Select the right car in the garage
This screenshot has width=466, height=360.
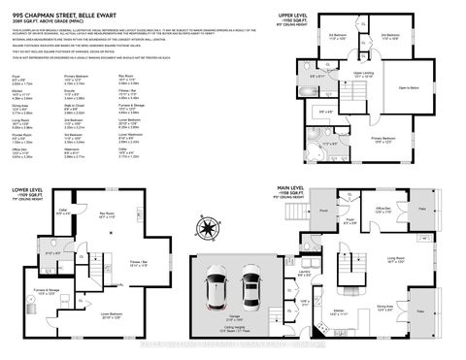pos(252,288)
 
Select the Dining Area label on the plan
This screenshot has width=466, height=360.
pos(384,307)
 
